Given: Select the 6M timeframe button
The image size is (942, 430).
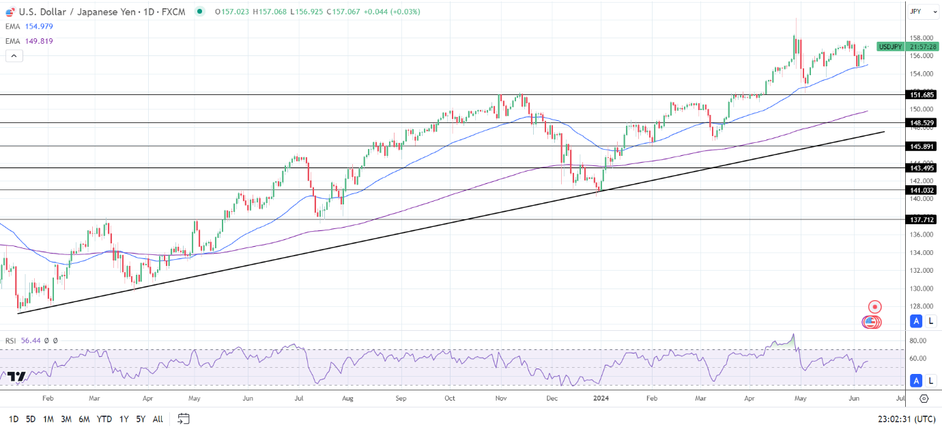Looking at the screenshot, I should (84, 419).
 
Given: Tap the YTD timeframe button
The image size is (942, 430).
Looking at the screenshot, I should (104, 419).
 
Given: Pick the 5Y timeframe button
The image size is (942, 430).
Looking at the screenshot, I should (141, 419).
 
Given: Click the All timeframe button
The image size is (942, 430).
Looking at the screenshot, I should (158, 419).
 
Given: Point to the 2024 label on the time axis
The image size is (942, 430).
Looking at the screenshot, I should (601, 397).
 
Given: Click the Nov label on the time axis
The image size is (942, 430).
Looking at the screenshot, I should (500, 397).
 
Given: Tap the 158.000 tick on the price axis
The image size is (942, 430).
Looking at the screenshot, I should (921, 38).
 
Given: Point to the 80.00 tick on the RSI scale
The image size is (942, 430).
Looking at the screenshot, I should (918, 340).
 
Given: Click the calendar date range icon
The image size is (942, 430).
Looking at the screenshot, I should (183, 418).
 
